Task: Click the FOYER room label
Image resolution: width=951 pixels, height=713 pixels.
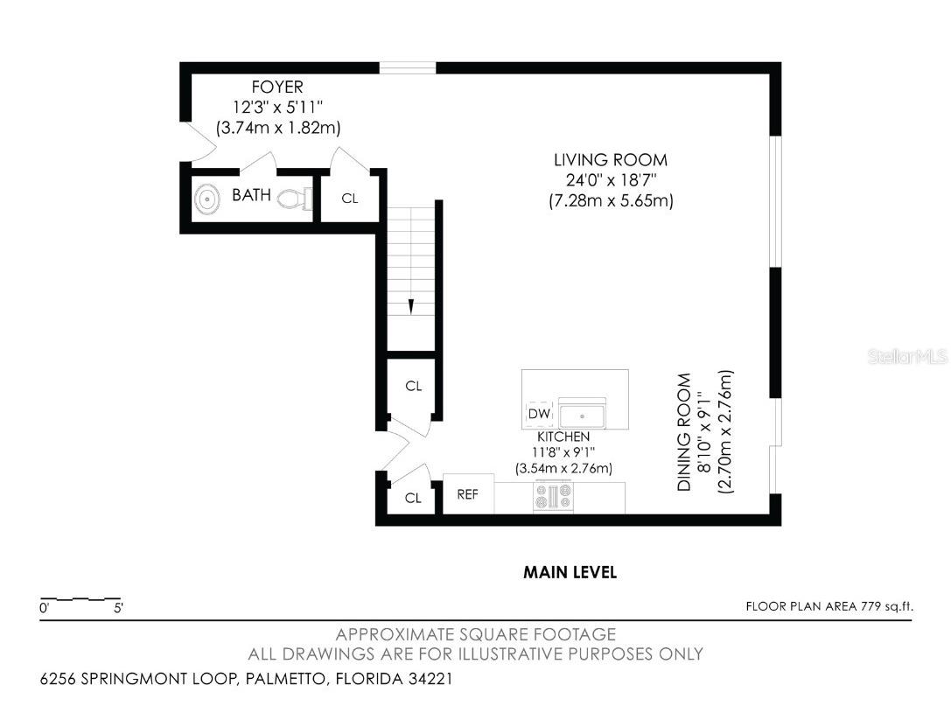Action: coord(277,87)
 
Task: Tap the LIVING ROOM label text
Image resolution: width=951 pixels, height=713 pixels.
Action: coord(611,160)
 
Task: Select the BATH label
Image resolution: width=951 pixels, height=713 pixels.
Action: coord(251,195)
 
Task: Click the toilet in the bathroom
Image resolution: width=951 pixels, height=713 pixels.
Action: coord(296,199)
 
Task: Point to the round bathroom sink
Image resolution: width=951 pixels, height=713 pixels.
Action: coord(207,199)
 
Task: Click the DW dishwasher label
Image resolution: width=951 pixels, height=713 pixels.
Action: coord(539,414)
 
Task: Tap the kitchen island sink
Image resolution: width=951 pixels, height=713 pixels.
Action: coord(582,416)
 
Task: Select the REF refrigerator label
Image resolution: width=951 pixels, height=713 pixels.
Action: coord(467,495)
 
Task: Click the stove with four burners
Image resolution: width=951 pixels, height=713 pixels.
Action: coord(553,496)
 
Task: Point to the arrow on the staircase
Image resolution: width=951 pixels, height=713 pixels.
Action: coord(411,306)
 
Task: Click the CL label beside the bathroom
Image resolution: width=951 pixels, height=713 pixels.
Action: coord(350,199)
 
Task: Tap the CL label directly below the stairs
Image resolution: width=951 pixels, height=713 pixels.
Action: coord(414,386)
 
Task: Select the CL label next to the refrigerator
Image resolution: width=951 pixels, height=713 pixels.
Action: coord(413,498)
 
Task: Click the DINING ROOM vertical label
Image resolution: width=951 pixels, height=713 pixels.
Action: coord(684,431)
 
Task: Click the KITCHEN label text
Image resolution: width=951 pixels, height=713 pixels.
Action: coord(563,437)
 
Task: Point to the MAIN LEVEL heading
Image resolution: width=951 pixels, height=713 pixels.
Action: coord(570,572)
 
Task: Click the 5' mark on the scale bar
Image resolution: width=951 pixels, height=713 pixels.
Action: coord(118,607)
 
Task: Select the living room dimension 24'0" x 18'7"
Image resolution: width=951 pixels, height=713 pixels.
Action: coord(612,180)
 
